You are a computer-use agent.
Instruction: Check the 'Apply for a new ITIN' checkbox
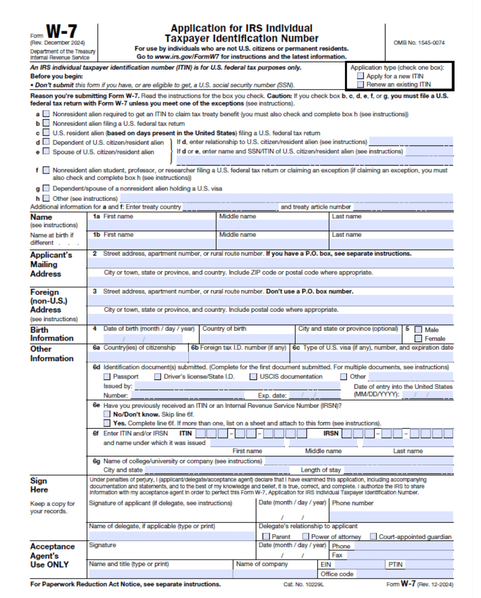[x=360, y=76]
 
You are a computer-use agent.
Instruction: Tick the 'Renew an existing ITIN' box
[x=360, y=85]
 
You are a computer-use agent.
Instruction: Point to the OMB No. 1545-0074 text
[x=419, y=43]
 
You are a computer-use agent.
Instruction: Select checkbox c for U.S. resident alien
[x=46, y=133]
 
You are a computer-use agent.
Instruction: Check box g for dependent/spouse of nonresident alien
[x=46, y=188]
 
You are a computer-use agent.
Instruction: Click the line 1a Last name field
[x=391, y=226]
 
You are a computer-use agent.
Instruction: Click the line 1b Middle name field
[x=272, y=244]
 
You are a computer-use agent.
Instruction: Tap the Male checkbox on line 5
[x=418, y=330]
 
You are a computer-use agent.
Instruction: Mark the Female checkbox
[x=418, y=339]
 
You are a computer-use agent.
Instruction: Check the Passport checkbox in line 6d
[x=107, y=377]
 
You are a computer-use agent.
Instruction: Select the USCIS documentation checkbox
[x=254, y=377]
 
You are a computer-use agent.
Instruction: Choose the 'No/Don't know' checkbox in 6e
[x=107, y=414]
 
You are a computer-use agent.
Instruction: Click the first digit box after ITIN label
[x=201, y=434]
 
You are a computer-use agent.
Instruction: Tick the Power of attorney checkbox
[x=306, y=536]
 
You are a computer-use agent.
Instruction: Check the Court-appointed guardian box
[x=373, y=536]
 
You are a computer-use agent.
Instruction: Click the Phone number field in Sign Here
[x=391, y=516]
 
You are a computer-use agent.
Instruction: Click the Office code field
[x=404, y=574]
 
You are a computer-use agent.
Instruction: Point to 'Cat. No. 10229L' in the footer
[x=303, y=584]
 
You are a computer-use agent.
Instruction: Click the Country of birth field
[x=248, y=338]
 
